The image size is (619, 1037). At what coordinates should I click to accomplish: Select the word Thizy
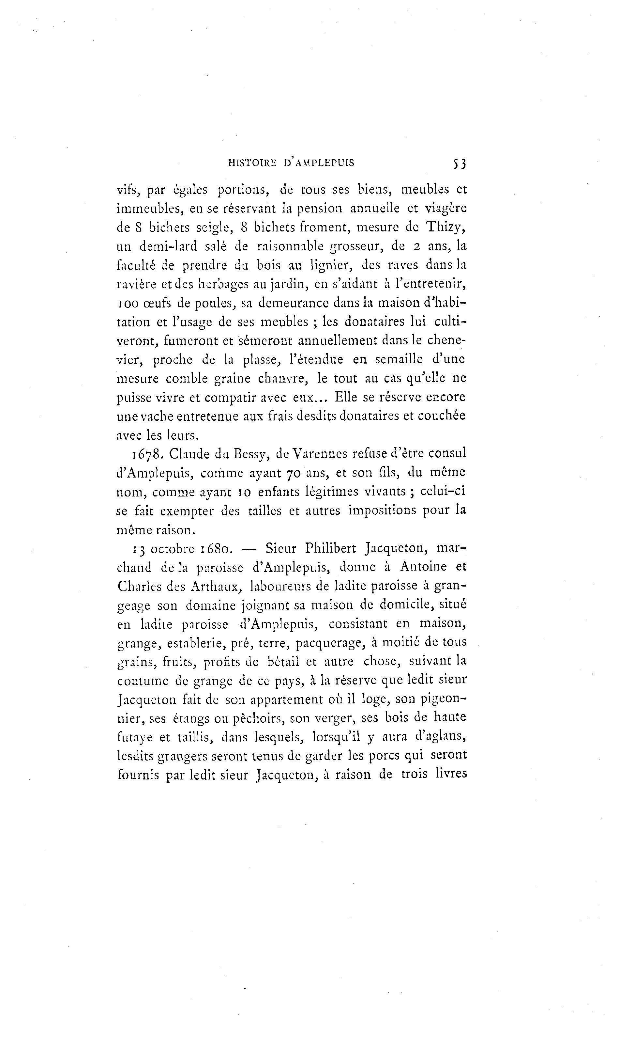click(x=446, y=228)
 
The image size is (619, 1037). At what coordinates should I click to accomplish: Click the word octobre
click(x=173, y=549)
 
